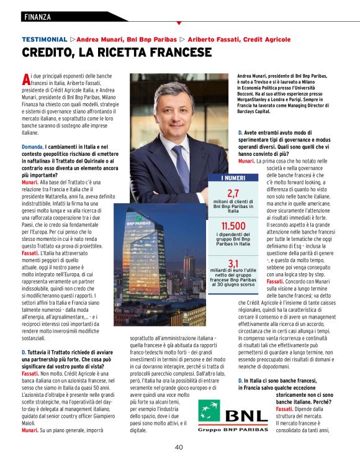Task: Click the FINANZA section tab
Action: point(38,16)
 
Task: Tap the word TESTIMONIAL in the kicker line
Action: point(44,38)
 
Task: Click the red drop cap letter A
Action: point(25,79)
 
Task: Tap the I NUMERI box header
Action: point(233,178)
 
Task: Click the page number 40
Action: point(179,446)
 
